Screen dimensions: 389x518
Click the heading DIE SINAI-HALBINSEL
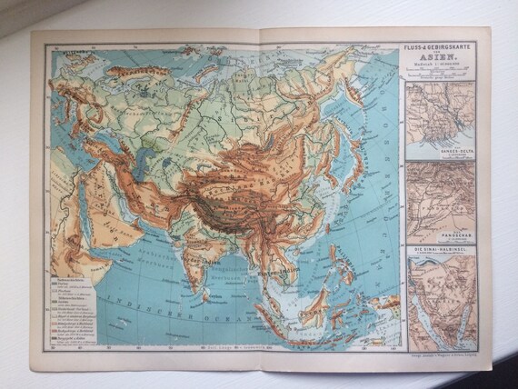tap(443, 247)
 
